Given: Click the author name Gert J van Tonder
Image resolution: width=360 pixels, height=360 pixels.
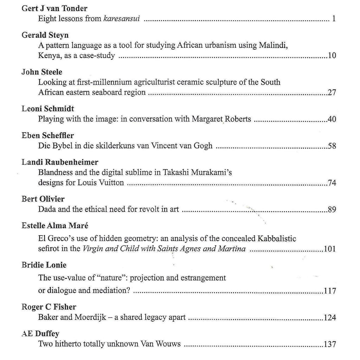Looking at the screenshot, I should click(x=54, y=8).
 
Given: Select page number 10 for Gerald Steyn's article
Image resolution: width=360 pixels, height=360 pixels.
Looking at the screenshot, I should click(x=332, y=56).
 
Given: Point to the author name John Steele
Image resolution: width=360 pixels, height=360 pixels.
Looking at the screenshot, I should click(x=42, y=72).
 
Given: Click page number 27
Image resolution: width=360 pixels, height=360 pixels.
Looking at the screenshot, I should click(x=332, y=92).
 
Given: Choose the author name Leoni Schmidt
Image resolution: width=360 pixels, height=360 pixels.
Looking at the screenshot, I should click(x=47, y=109).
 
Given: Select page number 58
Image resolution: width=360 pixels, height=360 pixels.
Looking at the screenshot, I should click(x=332, y=146).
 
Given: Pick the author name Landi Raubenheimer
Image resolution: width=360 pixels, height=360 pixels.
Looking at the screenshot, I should click(x=60, y=162).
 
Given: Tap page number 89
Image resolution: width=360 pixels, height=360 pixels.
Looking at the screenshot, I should click(x=332, y=210).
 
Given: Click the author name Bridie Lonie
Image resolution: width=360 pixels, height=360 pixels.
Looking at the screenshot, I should click(x=44, y=265).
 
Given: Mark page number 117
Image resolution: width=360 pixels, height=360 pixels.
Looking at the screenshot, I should click(x=330, y=291).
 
